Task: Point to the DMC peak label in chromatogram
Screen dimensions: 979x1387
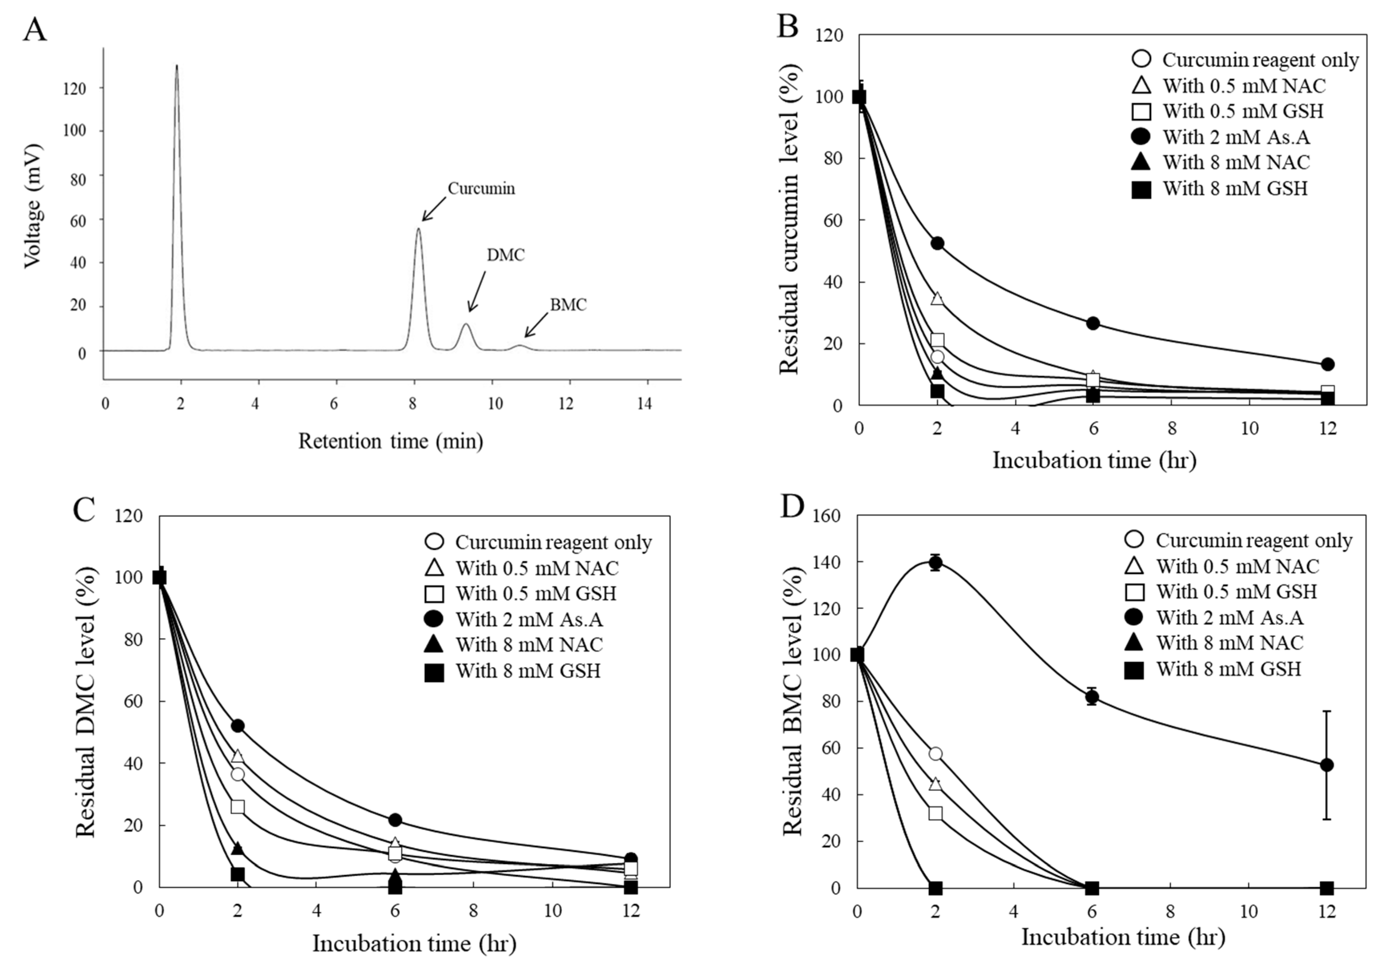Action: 505,256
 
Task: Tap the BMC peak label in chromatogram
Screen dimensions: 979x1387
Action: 568,305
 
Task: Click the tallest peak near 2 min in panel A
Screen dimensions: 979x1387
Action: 176,67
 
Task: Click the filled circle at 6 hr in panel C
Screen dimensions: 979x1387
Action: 395,820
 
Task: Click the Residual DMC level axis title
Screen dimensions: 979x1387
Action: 86,702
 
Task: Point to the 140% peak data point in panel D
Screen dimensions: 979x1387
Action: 936,563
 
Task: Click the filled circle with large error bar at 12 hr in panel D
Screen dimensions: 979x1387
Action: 1326,765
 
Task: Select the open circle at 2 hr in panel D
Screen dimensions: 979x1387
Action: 936,754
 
